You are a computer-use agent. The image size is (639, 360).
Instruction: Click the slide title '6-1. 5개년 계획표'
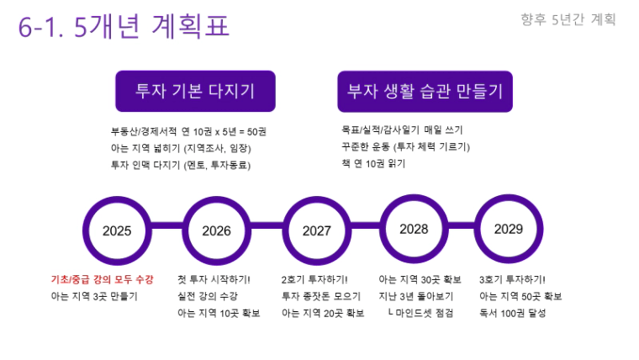click(124, 26)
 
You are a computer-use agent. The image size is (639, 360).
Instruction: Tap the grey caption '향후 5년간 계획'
click(568, 19)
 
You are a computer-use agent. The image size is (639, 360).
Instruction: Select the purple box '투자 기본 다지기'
click(195, 91)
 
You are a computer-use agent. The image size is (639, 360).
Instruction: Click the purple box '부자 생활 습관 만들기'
click(425, 92)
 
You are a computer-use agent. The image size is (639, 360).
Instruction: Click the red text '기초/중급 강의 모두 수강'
click(102, 279)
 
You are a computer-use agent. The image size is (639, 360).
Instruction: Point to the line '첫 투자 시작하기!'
click(214, 279)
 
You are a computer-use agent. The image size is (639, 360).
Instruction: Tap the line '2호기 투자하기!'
click(314, 279)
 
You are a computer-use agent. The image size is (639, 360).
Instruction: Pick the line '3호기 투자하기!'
click(512, 279)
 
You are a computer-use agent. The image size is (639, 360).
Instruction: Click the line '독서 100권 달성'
click(512, 313)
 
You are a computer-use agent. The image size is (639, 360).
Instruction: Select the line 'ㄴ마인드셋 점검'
click(420, 313)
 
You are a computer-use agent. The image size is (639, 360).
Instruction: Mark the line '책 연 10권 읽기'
click(373, 163)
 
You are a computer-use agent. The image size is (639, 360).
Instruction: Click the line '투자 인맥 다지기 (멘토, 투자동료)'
click(181, 165)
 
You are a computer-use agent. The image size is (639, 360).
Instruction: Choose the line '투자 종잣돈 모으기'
click(321, 296)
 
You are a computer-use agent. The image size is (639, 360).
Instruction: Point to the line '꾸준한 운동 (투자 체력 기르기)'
click(405, 146)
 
